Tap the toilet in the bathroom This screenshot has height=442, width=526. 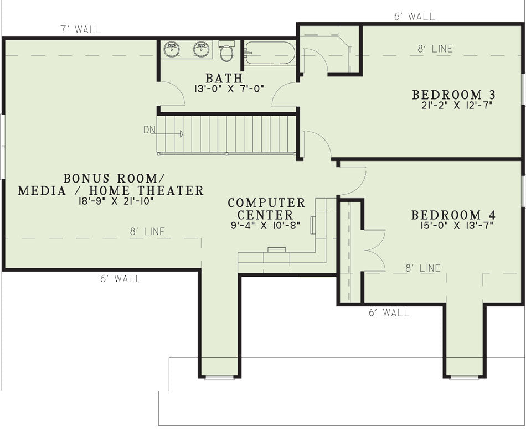click(x=226, y=51)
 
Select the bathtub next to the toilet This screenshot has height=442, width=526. click(x=270, y=53)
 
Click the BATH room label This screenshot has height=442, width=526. click(x=224, y=78)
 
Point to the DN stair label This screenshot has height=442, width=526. click(x=149, y=129)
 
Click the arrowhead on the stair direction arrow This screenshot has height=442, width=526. click(x=181, y=134)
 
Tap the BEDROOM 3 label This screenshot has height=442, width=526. click(x=454, y=95)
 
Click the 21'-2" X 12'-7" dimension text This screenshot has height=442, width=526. click(x=457, y=105)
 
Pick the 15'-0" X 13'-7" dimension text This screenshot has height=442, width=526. click(x=457, y=225)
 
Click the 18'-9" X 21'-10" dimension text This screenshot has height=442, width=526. click(x=116, y=201)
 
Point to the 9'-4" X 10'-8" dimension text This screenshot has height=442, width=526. click(x=265, y=225)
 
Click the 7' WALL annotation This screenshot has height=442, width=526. click(x=81, y=29)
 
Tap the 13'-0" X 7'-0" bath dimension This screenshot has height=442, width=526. click(x=229, y=89)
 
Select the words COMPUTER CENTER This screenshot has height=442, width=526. click(x=266, y=209)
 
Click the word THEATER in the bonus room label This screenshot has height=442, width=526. click(x=171, y=190)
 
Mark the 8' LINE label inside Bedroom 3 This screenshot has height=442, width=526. click(x=435, y=49)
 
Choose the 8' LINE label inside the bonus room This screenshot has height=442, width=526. click(x=148, y=232)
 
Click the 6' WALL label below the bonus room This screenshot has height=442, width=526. click(x=121, y=278)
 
